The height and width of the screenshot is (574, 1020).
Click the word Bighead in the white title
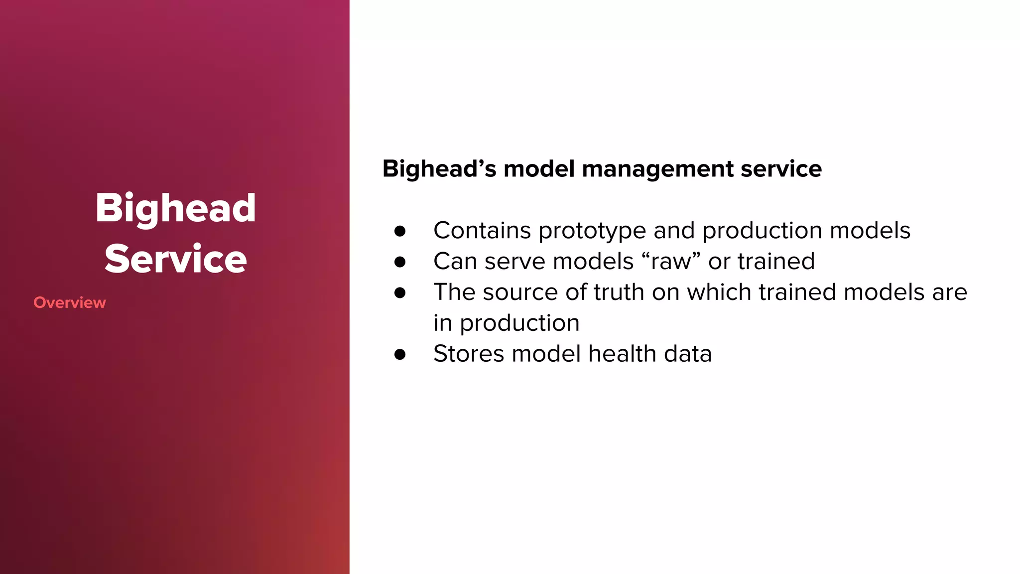pyautogui.click(x=175, y=208)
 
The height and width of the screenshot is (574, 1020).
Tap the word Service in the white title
pyautogui.click(x=175, y=259)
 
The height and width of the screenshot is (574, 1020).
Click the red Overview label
pyautogui.click(x=70, y=302)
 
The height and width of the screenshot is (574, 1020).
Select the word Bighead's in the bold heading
pyautogui.click(x=439, y=169)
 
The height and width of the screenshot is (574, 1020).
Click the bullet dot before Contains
pyautogui.click(x=400, y=231)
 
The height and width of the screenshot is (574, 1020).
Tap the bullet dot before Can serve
pyautogui.click(x=400, y=262)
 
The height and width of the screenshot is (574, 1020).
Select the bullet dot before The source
pyautogui.click(x=400, y=292)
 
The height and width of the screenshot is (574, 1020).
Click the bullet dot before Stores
pyautogui.click(x=400, y=354)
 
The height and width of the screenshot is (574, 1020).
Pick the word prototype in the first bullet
pyautogui.click(x=592, y=231)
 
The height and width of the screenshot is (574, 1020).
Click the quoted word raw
pyautogui.click(x=671, y=261)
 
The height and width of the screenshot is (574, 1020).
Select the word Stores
pyautogui.click(x=469, y=354)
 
